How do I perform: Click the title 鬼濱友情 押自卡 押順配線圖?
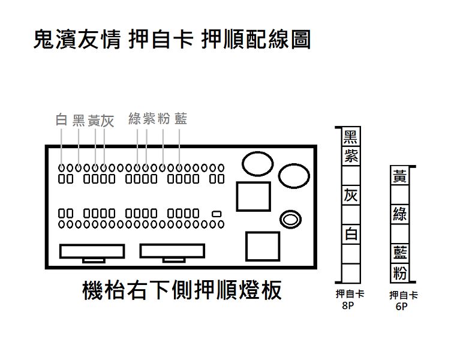click(172, 39)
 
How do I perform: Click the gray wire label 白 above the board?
click(61, 120)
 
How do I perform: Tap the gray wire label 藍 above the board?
click(181, 119)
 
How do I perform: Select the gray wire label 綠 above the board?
click(134, 119)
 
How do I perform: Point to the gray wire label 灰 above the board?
click(107, 121)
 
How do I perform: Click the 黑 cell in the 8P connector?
click(351, 137)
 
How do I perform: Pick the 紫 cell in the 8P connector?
click(351, 156)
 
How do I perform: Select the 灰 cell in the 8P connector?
click(351, 196)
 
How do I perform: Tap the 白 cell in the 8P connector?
click(351, 234)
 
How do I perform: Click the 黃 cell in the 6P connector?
click(400, 176)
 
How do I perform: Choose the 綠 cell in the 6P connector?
click(400, 215)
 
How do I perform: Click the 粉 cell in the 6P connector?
click(400, 273)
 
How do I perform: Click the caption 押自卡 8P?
click(350, 299)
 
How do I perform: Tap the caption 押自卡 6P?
click(403, 301)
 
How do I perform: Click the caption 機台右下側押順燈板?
click(182, 290)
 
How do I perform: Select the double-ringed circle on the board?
click(290, 220)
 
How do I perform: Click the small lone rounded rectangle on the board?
click(217, 214)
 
